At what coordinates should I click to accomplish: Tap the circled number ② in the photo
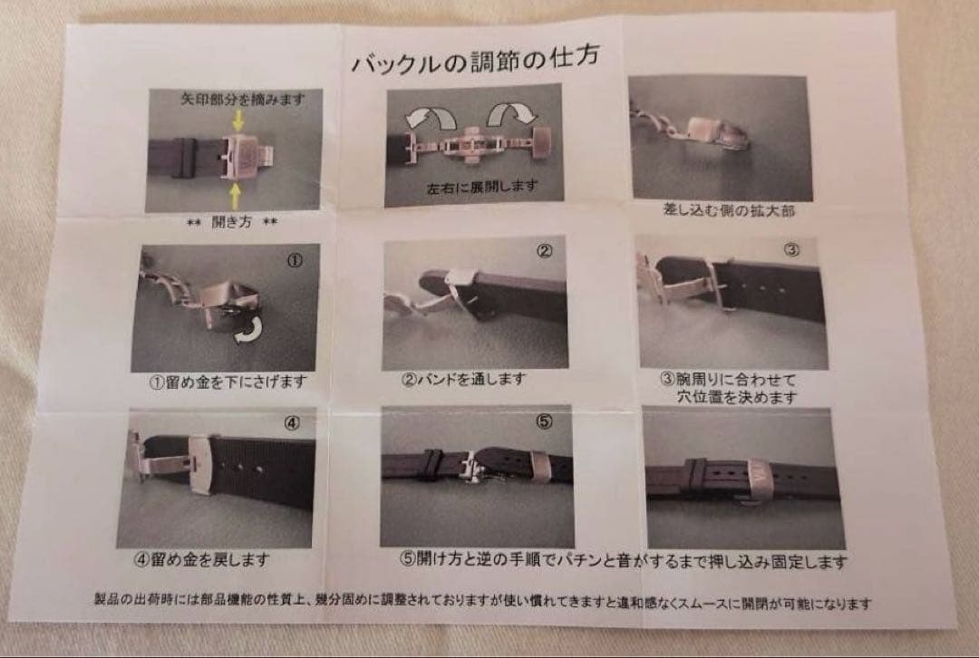(544, 253)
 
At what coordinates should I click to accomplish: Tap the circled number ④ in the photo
(291, 422)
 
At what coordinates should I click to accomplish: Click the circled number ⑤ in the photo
(544, 421)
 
